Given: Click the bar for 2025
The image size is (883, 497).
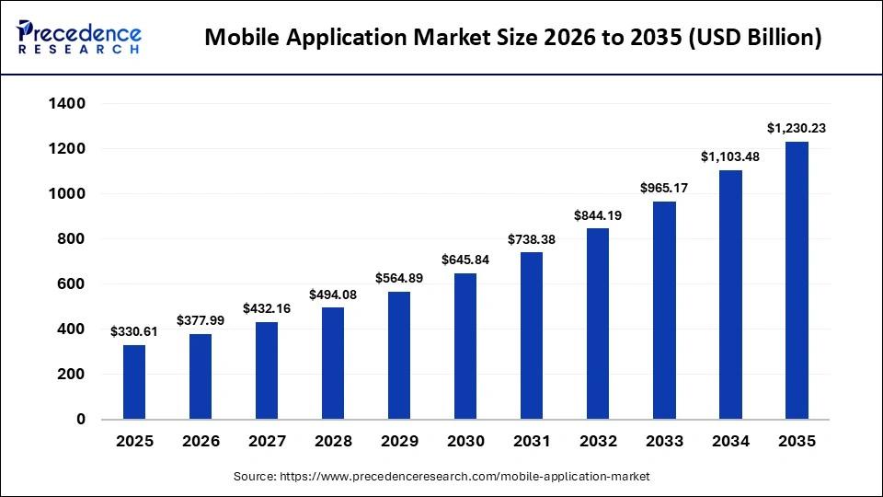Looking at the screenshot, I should point(134,382).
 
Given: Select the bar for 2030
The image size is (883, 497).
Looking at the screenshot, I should point(465,346).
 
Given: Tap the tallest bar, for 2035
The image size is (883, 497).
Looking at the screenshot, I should point(797,281).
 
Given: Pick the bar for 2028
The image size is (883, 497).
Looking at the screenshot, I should point(333,364).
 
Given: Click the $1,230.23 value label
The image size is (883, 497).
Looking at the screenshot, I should point(797,129).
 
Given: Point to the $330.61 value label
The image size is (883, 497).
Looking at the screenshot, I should point(134,331).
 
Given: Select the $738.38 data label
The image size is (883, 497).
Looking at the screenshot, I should point(532,239).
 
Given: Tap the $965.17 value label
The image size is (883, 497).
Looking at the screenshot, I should point(664,188).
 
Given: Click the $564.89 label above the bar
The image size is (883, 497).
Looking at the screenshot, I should point(399,278).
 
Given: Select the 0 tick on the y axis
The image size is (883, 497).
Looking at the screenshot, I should point(81,420).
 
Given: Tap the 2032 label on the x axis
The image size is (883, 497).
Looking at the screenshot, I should point(598,442).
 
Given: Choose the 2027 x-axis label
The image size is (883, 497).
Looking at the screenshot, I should point(267,442).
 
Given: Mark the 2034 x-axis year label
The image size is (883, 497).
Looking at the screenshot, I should point(730,442).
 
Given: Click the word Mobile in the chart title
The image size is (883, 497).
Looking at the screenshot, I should point(242,38).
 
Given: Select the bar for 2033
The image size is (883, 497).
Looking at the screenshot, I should point(664,310).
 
